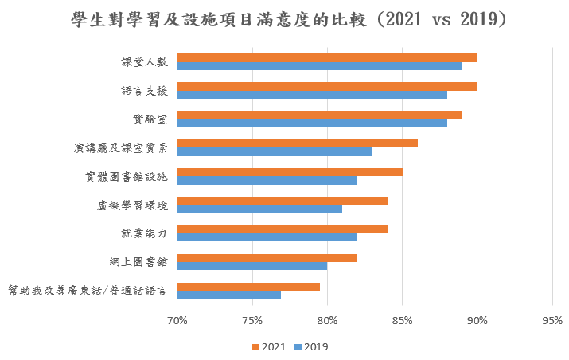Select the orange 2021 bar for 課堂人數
click(326, 57)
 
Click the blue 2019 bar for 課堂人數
click(318, 66)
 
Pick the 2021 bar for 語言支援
click(326, 86)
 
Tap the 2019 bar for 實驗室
click(311, 123)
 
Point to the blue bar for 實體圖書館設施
click(267, 181)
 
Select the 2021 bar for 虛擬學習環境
click(282, 201)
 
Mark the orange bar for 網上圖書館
click(267, 258)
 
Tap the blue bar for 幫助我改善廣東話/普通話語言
click(228, 295)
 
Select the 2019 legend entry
click(310, 347)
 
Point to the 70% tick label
click(177, 321)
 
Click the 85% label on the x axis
click(402, 321)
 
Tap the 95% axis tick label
click(551, 321)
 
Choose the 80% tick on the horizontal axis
click(327, 321)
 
